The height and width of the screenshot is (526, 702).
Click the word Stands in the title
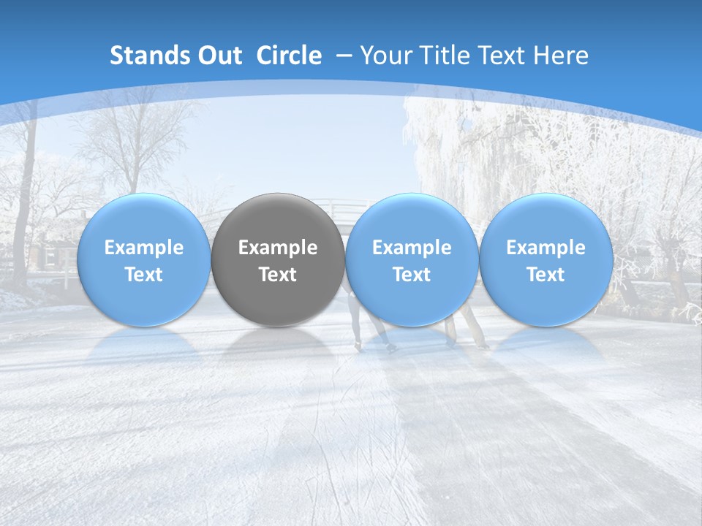[x=141, y=56]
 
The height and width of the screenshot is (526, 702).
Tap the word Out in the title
[x=217, y=56]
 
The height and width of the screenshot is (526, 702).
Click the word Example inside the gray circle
[x=278, y=248]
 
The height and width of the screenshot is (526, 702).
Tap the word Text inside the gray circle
[x=278, y=275]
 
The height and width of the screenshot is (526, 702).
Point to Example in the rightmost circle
[x=546, y=248]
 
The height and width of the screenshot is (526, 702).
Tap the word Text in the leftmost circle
[x=143, y=275]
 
